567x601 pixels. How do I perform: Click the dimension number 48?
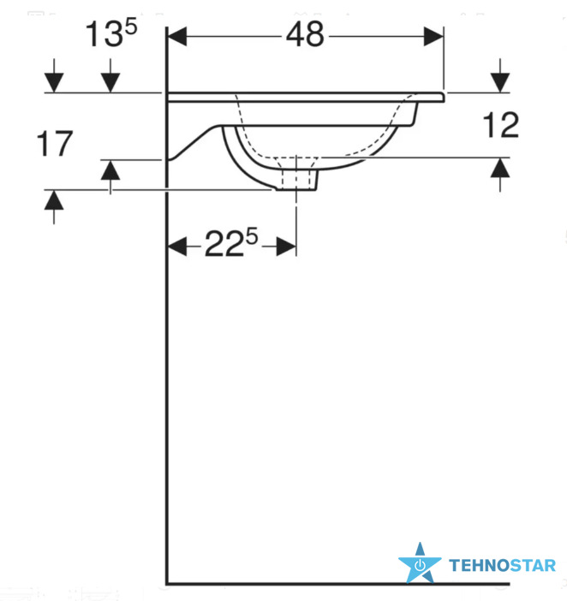[x=305, y=34]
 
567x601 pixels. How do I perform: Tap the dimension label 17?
[x=55, y=144]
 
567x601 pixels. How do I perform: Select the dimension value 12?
[x=501, y=125]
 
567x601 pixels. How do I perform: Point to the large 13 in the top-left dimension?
[x=104, y=34]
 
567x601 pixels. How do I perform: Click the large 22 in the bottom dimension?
[x=224, y=244]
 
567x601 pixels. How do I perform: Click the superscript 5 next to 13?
[x=131, y=27]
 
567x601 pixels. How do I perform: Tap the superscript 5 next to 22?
[x=252, y=236]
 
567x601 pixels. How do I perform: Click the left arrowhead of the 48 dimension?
[x=177, y=37]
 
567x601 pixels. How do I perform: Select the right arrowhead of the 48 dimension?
[x=433, y=37]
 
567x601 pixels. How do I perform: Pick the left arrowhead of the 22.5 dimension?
[x=177, y=246]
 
